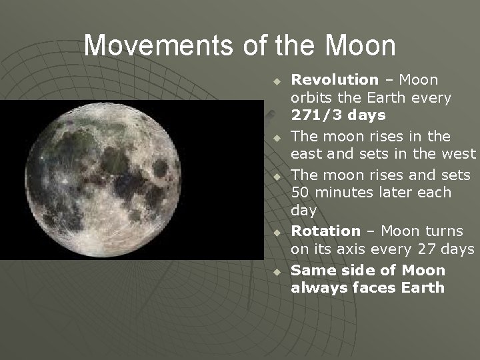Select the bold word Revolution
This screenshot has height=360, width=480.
(x=335, y=80)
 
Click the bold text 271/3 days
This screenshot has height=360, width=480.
(x=338, y=115)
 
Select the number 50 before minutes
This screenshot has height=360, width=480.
(x=302, y=193)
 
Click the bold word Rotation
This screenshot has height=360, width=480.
(x=325, y=231)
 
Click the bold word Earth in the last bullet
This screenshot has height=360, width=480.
(x=423, y=288)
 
